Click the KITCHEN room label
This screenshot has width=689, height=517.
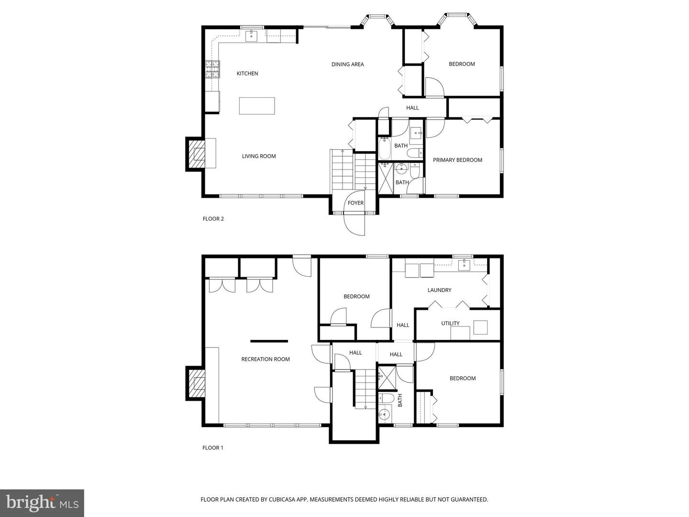pyautogui.click(x=247, y=73)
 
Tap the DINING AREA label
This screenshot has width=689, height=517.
pyautogui.click(x=347, y=64)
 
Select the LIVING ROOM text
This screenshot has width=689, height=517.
pyautogui.click(x=259, y=156)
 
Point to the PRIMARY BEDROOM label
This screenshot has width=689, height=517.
pyautogui.click(x=457, y=160)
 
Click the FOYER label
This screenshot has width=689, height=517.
pyautogui.click(x=356, y=203)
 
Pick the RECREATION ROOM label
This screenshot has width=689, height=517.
pyautogui.click(x=265, y=359)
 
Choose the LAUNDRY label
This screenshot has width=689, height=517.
pyautogui.click(x=439, y=290)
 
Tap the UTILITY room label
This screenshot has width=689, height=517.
pyautogui.click(x=450, y=323)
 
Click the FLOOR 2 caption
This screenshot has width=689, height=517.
pyautogui.click(x=213, y=219)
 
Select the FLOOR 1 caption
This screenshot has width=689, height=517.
pyautogui.click(x=212, y=448)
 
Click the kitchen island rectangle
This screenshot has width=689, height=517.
pyautogui.click(x=257, y=106)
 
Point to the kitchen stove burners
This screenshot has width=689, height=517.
pyautogui.click(x=212, y=69)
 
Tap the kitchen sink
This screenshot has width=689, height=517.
pyautogui.click(x=251, y=36)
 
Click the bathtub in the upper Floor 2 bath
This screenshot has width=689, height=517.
pyautogui.click(x=384, y=148)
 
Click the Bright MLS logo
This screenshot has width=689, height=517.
pyautogui.click(x=42, y=503)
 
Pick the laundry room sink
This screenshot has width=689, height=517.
pyautogui.click(x=464, y=266)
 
